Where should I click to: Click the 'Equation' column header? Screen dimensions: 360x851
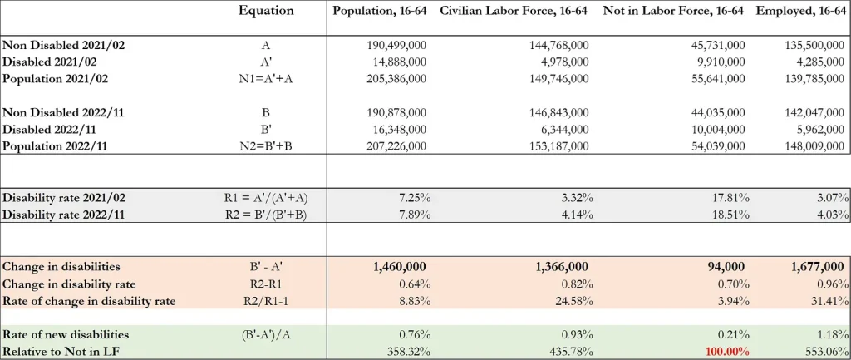click(266, 11)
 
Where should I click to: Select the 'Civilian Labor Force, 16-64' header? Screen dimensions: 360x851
click(514, 11)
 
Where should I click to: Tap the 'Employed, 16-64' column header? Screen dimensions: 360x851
click(802, 11)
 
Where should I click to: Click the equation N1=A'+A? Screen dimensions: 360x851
click(266, 78)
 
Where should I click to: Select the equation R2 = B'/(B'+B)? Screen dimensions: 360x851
click(266, 215)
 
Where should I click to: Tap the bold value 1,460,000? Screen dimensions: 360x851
click(398, 266)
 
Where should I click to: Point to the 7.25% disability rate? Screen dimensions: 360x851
click(411, 198)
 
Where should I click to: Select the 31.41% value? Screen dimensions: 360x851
click(828, 299)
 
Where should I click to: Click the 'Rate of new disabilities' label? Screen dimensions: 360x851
click(66, 333)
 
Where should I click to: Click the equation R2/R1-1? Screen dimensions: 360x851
click(266, 299)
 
